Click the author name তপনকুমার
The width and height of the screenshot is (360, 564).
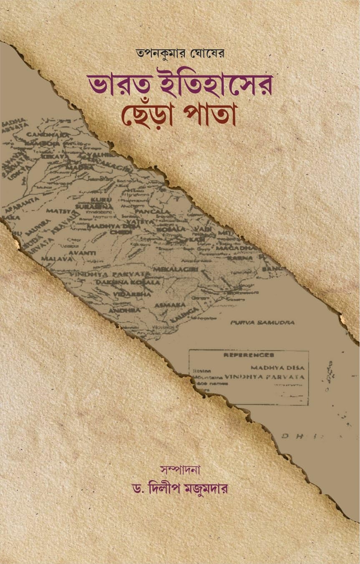(x=153, y=54)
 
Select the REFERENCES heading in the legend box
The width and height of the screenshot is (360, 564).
(x=249, y=355)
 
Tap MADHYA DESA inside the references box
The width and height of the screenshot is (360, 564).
(x=277, y=368)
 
